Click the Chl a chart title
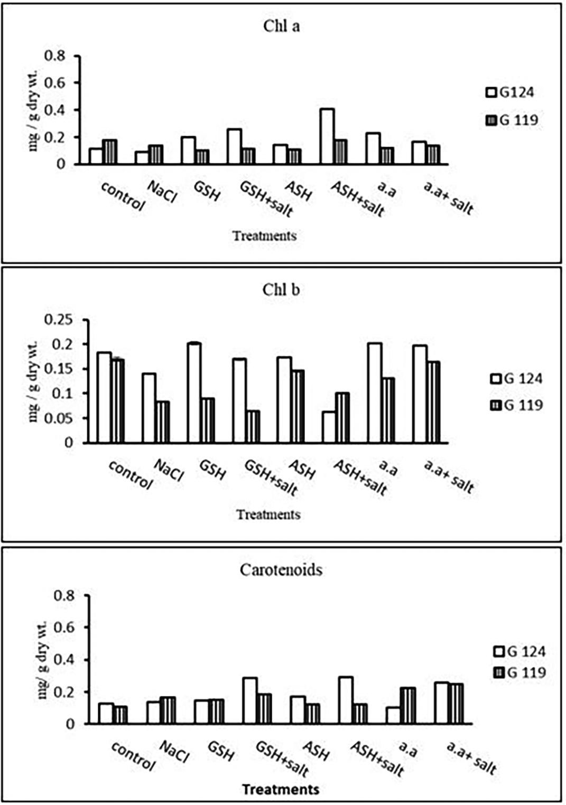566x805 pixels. tap(281, 26)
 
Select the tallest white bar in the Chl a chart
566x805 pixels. tap(327, 137)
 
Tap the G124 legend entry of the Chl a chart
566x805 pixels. tap(510, 92)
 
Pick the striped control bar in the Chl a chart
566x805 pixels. tap(109, 152)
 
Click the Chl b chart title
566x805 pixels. tap(281, 290)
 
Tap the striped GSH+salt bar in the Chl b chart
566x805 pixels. tap(253, 426)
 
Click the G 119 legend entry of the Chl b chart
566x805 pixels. tap(516, 406)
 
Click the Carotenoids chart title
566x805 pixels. tap(281, 570)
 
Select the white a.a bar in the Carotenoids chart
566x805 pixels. tap(393, 715)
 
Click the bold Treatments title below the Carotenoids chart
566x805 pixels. tap(281, 789)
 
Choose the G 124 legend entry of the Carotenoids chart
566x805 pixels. tap(519, 652)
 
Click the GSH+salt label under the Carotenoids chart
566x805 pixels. tap(282, 759)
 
